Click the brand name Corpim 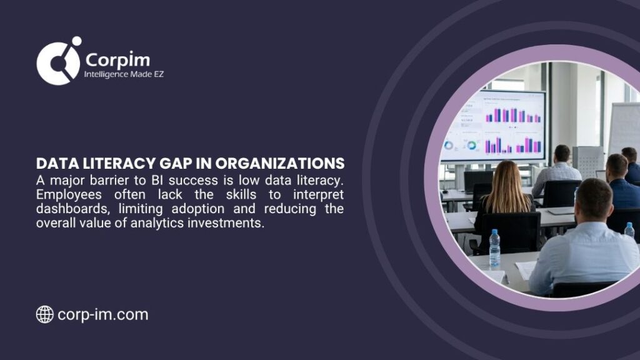coord(117,59)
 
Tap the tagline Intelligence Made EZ coord(124,74)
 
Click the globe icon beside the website coord(44,314)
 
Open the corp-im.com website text coord(102,314)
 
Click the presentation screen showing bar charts coord(494,125)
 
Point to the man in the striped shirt coord(558,171)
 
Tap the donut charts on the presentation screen coord(460,145)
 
